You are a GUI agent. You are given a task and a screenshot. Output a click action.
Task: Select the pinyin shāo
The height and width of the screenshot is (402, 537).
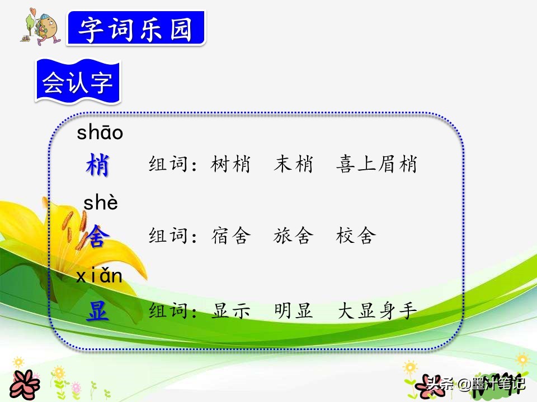pos(100,133)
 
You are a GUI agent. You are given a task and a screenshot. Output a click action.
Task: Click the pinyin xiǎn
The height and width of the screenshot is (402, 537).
pos(99,275)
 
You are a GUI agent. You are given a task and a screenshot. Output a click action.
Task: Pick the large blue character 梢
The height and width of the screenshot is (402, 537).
pos(98,165)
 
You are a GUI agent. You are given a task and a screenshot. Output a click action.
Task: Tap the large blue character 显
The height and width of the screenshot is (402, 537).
pos(97,311)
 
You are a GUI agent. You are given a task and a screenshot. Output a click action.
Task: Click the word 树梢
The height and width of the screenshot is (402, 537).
pos(231,165)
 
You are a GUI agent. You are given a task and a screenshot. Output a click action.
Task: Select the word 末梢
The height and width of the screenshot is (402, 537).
pos(294,165)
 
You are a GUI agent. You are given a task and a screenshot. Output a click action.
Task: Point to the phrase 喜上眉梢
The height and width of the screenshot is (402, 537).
pos(376,165)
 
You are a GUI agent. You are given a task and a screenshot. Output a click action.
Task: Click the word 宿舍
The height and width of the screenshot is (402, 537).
pos(231,237)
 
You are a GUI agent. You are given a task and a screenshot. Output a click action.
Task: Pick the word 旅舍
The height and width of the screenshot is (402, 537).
pos(294,237)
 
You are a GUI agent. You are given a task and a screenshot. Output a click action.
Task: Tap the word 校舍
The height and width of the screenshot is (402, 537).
pos(356,237)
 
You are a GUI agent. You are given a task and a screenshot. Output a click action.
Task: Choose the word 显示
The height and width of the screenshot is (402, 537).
pos(231,311)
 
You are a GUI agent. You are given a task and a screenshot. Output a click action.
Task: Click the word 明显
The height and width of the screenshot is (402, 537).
pos(294,311)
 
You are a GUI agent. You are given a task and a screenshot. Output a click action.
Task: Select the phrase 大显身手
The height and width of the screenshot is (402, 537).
pos(376,311)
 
